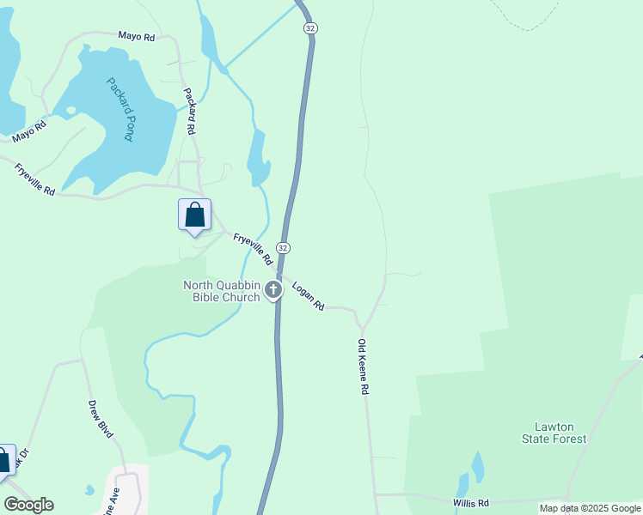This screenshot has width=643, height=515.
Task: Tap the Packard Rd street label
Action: (x=190, y=110)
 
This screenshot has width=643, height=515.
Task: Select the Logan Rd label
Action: (x=307, y=295)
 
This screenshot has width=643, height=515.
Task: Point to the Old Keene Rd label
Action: (x=363, y=367)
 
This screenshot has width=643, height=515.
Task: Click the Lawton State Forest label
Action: (x=554, y=433)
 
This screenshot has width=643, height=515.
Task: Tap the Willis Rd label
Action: (x=470, y=503)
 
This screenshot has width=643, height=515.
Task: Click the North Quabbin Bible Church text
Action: (x=221, y=292)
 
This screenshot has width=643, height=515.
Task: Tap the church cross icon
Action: (x=273, y=290)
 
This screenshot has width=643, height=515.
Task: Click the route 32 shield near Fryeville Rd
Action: (x=283, y=247)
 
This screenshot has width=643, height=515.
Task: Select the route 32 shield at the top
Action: (x=309, y=28)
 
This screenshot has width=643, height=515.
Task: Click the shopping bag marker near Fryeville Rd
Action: (x=194, y=215)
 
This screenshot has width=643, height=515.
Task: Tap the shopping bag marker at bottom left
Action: (x=3, y=460)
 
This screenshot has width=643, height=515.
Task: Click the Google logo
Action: (x=28, y=505)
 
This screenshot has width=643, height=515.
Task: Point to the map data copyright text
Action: (x=590, y=508)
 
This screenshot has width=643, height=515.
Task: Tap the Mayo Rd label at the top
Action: (x=136, y=37)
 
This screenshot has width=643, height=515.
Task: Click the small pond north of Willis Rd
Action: (x=477, y=466)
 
